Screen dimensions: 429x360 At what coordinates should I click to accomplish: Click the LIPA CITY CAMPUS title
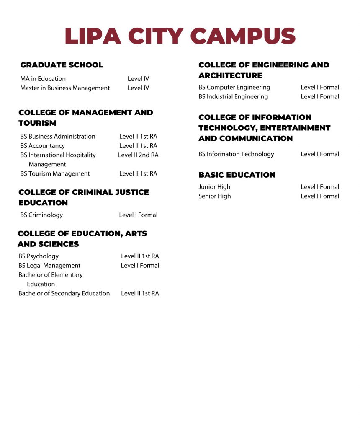(180, 36)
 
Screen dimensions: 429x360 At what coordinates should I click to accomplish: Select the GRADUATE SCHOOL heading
(62, 65)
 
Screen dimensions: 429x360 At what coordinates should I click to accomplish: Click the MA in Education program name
(43, 79)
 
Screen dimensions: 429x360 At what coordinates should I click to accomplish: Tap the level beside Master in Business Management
(138, 88)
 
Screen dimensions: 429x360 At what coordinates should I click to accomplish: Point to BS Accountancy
(42, 146)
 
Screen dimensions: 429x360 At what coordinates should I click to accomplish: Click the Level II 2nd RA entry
(138, 155)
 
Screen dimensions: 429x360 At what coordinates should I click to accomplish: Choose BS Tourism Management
(55, 173)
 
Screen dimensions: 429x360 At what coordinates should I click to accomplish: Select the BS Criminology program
(41, 215)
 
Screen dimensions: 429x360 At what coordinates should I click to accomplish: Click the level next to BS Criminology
(138, 215)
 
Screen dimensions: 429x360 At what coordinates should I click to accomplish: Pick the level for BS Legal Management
(140, 265)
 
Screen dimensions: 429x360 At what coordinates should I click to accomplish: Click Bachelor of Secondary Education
(64, 293)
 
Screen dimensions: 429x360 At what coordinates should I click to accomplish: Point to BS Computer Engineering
(234, 87)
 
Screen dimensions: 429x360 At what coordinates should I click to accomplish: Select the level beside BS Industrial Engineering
(320, 96)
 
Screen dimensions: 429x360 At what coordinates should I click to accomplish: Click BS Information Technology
(236, 154)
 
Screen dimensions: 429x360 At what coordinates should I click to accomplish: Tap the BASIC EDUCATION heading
(237, 175)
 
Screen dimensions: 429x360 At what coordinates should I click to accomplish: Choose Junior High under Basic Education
(214, 187)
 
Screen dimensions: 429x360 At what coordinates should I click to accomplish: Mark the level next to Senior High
(320, 196)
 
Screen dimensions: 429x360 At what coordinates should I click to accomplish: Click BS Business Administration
(58, 137)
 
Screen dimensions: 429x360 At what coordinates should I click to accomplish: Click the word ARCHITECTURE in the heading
(230, 75)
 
